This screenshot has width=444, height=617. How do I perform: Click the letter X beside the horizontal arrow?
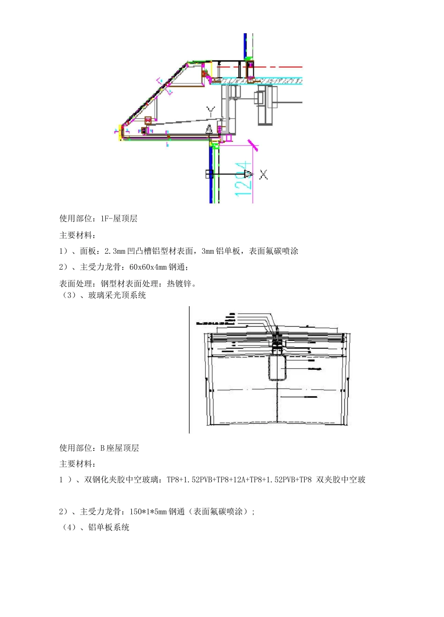pyautogui.click(x=264, y=175)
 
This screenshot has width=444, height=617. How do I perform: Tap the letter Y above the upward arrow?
pyautogui.click(x=211, y=111)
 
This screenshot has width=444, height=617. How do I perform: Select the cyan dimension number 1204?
pyautogui.click(x=244, y=179)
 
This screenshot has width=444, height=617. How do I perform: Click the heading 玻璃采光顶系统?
pyautogui.click(x=117, y=295)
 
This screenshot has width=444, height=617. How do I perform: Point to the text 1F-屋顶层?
pyautogui.click(x=119, y=219)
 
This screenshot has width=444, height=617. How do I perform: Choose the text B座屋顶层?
pyautogui.click(x=120, y=448)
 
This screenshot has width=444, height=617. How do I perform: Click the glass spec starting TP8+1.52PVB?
pyautogui.click(x=239, y=480)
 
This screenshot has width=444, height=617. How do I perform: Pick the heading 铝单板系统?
pyautogui.click(x=108, y=528)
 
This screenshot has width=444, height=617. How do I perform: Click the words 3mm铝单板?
pyautogui.click(x=221, y=251)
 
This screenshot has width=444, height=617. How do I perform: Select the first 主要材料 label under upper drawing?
pyautogui.click(x=76, y=235)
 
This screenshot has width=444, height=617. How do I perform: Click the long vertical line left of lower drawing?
pyautogui.click(x=189, y=370)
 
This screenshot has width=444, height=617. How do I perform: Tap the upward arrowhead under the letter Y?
pyautogui.click(x=210, y=129)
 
